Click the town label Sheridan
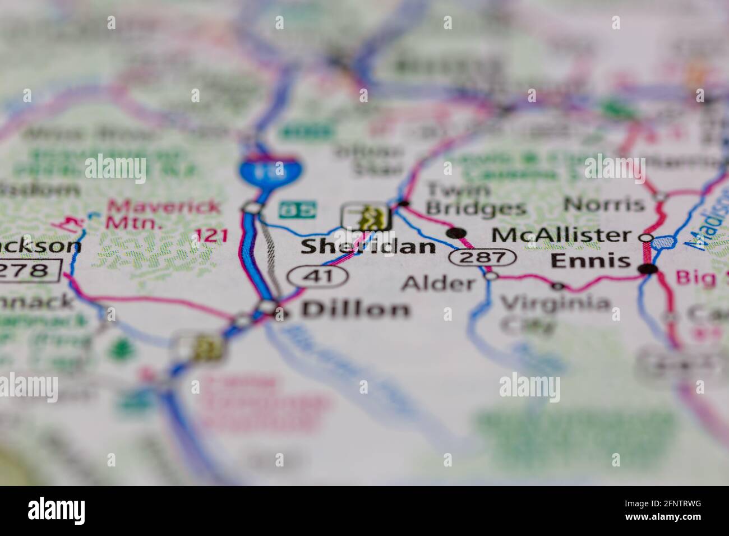[367, 246]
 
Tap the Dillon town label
[356, 309]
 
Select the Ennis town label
[590, 261]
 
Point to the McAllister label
[561, 234]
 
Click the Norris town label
[604, 204]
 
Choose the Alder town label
[438, 283]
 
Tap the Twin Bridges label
[476, 199]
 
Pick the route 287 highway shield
[482, 258]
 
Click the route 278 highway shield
[28, 271]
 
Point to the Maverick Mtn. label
[163, 214]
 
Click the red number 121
[210, 236]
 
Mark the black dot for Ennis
[649, 270]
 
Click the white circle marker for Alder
[491, 275]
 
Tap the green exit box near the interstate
[298, 210]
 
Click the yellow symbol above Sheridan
[367, 216]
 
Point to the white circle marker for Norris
[661, 197]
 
